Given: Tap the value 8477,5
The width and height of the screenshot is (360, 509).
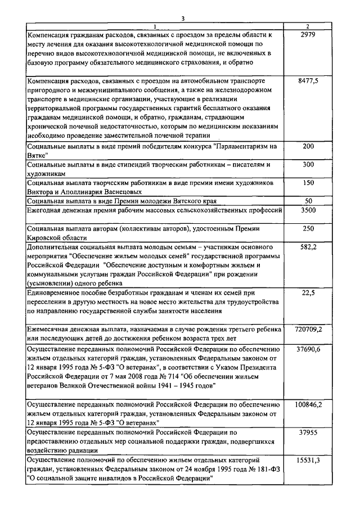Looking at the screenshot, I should [308, 81].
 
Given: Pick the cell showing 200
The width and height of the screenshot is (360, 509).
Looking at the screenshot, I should [308, 146].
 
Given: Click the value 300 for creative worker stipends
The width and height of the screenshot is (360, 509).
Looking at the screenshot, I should [308, 165].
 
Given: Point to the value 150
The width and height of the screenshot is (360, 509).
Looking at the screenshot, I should [308, 183].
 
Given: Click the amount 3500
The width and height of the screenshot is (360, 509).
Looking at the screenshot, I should [308, 210].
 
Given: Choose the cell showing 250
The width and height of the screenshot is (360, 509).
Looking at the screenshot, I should [308, 229].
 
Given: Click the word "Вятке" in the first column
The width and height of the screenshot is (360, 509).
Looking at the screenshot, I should [38, 155].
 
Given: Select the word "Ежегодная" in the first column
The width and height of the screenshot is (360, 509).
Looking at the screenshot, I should [46, 210].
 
